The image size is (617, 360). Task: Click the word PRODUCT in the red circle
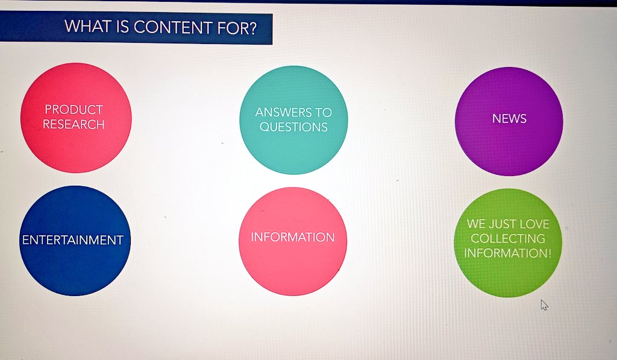coord(74,110)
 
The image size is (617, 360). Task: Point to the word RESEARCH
coord(74,124)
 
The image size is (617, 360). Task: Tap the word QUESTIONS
coord(293,127)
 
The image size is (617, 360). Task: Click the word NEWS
coord(509,119)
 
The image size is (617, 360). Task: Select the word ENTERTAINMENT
coord(73,240)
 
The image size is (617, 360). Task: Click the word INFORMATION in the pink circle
coord(292,237)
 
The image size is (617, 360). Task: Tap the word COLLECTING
coord(507,238)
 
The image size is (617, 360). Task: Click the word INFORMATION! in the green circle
coord(507,253)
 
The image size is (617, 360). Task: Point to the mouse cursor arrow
coord(543,305)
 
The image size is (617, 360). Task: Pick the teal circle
coord(293,151)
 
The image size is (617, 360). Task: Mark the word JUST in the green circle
coord(503,224)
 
